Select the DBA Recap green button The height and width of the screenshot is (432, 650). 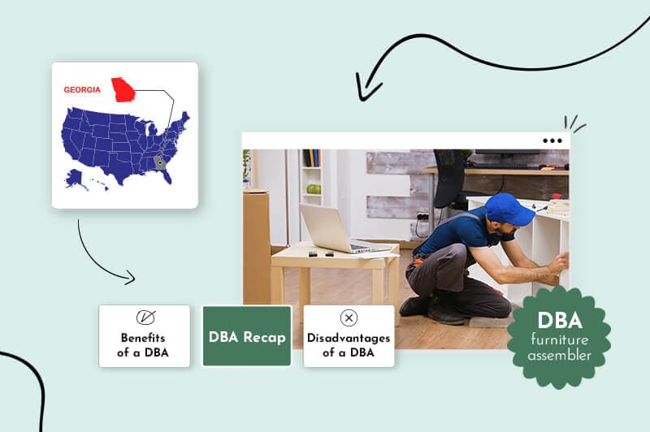[247, 336]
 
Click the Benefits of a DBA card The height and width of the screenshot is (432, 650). [145, 336]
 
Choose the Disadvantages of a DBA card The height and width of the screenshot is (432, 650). [349, 336]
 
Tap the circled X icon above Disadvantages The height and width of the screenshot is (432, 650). [349, 318]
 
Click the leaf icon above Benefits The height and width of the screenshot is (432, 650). [145, 318]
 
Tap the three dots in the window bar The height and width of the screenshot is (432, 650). [552, 140]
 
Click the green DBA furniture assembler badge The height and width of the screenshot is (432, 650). [560, 336]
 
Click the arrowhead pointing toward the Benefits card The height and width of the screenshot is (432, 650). [130, 279]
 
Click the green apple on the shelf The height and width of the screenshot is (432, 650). [313, 189]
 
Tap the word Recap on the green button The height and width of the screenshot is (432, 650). [265, 336]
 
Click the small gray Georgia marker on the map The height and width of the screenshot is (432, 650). [160, 162]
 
